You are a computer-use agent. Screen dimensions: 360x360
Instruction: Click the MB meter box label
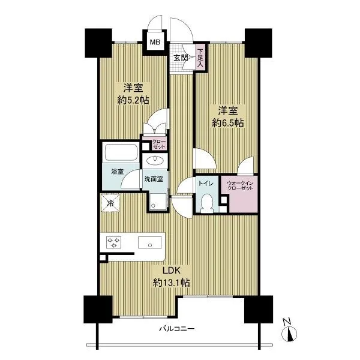[x=155, y=42]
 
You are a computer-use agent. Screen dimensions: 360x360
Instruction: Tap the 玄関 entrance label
[x=181, y=58]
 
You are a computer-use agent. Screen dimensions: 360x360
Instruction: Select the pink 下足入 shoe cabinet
[x=200, y=58]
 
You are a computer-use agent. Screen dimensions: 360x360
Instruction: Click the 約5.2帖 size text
[x=133, y=100]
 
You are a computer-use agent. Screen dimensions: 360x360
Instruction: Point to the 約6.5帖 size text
[x=228, y=123]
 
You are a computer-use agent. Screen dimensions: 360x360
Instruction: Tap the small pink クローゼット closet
[x=158, y=144]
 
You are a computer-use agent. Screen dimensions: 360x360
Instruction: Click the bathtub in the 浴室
[x=121, y=152]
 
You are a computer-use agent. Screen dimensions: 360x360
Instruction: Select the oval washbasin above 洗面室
[x=155, y=160]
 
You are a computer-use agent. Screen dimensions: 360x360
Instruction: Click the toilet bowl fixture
[x=206, y=203]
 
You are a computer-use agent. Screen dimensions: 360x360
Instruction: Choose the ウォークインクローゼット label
[x=240, y=185]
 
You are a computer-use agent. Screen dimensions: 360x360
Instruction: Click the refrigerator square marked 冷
[x=110, y=203]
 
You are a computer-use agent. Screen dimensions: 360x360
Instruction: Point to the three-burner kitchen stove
[x=113, y=243]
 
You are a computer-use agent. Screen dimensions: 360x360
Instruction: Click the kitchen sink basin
[x=149, y=242]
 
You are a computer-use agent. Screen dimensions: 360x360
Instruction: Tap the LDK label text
[x=172, y=271]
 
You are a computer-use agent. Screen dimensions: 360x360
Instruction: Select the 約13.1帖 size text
[x=171, y=283]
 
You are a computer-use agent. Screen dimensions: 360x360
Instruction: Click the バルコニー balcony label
[x=177, y=329]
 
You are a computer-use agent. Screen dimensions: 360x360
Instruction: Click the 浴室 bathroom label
[x=118, y=172]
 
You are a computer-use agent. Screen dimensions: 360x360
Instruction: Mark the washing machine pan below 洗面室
[x=157, y=202]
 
